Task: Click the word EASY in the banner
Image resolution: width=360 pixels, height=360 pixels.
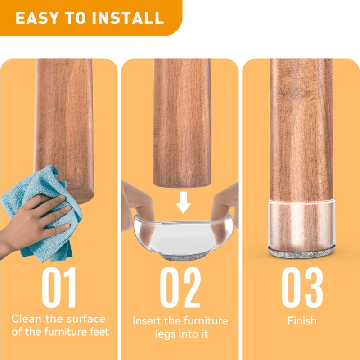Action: pos(37,18)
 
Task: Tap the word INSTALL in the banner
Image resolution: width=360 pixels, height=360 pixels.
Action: pos(128,18)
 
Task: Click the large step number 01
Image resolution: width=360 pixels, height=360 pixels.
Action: pos(59,287)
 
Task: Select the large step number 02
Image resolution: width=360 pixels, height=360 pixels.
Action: pos(180,287)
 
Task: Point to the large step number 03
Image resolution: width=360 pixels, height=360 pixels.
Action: pos(302,287)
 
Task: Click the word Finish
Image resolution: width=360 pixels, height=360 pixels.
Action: pos(302,320)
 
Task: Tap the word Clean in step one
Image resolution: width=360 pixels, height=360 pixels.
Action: pos(27,319)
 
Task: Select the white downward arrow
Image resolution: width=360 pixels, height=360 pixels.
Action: pos(183,202)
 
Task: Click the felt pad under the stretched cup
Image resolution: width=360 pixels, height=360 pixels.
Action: pos(183,256)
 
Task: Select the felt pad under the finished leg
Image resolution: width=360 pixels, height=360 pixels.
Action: pos(301,252)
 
